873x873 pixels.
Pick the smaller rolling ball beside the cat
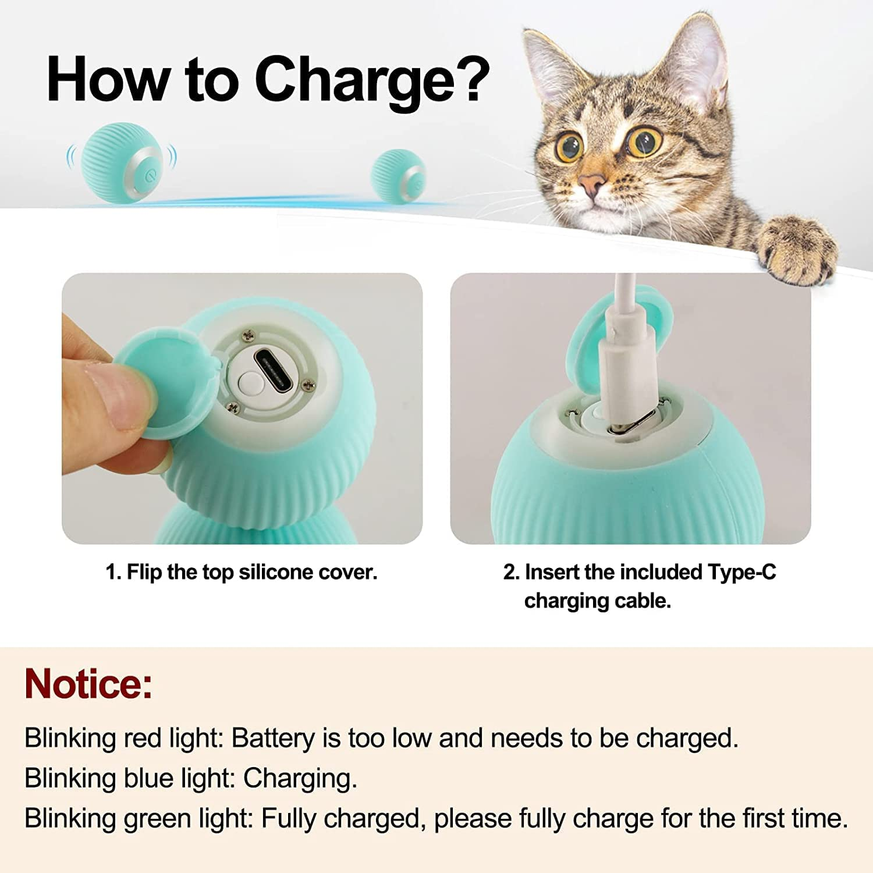click(x=399, y=176)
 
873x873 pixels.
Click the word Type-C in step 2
click(x=741, y=573)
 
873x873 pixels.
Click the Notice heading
click(x=88, y=684)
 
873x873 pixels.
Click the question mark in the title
click(x=471, y=80)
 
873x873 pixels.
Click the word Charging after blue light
click(x=300, y=779)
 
